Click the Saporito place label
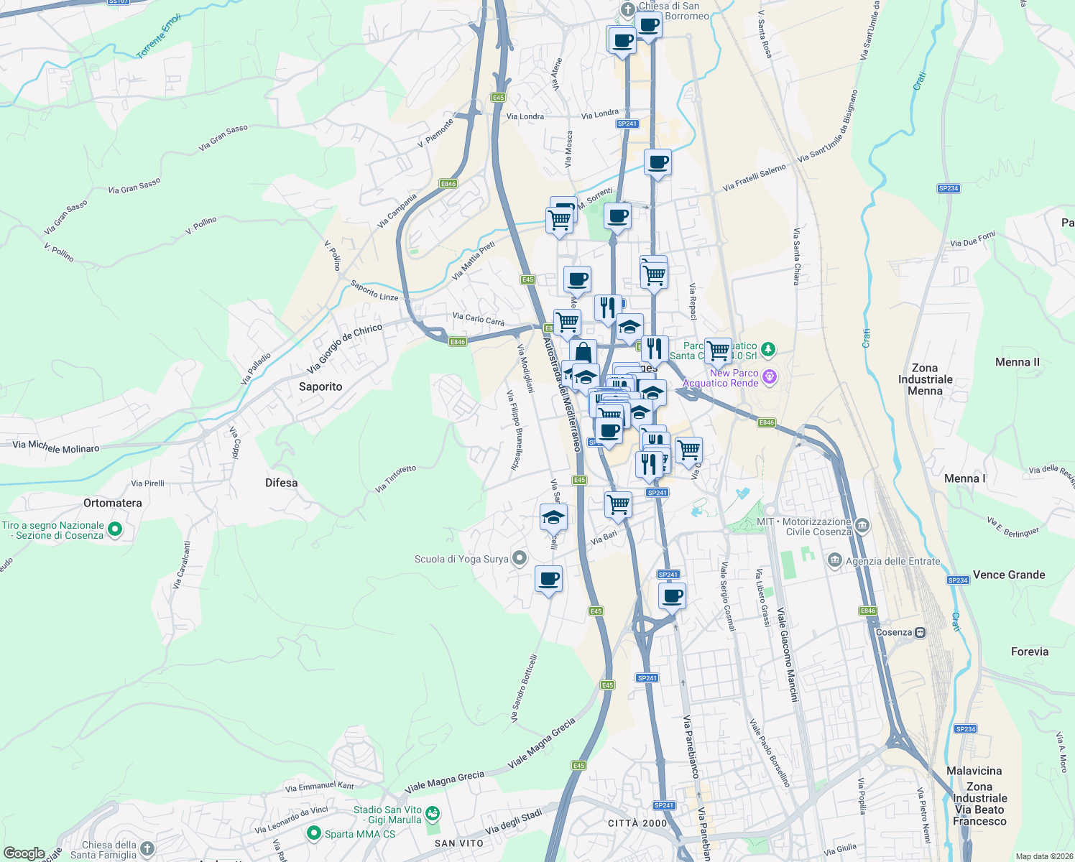coord(320,386)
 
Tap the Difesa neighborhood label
coord(281,483)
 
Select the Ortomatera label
coord(113,503)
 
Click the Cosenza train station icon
coord(920,633)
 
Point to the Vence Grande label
coord(1009,575)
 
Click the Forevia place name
coord(1030,652)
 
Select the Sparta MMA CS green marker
coord(313,834)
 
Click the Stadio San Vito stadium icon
coord(432,814)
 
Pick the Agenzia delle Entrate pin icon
coord(835,560)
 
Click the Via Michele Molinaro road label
coord(56,447)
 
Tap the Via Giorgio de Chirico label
coord(345,348)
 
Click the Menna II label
coord(1017,362)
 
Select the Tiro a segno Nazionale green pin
coord(115,530)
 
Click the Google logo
coord(24,853)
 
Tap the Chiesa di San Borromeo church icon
coord(628,9)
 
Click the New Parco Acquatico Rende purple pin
coord(770,377)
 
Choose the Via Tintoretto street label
coord(395,478)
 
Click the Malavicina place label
coord(974,771)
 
